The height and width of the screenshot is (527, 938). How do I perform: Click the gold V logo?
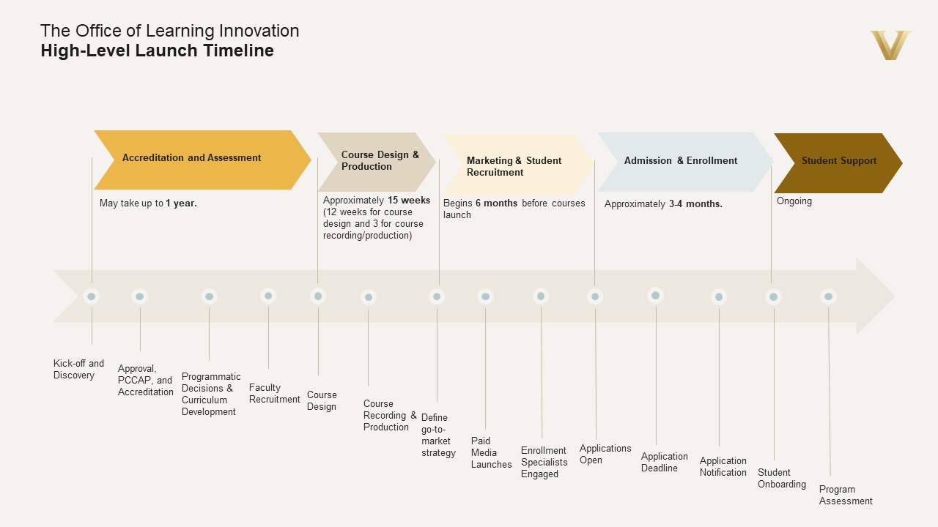tap(890, 45)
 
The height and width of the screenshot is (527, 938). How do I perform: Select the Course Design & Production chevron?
tap(375, 162)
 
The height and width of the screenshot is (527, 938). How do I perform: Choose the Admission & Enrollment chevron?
tap(682, 161)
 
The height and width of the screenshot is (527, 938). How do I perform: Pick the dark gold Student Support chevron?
tap(837, 162)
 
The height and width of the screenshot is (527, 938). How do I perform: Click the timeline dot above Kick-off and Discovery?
tap(91, 296)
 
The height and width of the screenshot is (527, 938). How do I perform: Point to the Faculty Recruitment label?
tap(274, 393)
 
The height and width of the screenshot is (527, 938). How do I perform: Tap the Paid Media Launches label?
tap(491, 452)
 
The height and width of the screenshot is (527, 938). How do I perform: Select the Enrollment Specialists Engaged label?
tap(544, 462)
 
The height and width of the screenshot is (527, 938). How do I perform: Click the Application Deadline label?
tap(664, 462)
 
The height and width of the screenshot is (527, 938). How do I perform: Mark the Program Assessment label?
tap(846, 495)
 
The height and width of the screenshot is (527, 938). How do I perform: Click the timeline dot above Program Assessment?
tap(828, 296)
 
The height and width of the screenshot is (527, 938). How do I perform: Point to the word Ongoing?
tap(794, 201)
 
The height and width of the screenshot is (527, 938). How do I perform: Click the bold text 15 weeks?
tap(409, 201)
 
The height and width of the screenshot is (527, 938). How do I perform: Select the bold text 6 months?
tap(496, 203)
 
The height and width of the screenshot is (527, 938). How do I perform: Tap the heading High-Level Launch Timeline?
tap(158, 51)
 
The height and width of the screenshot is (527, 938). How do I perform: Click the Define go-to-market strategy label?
tap(438, 436)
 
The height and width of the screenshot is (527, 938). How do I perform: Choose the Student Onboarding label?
tap(781, 478)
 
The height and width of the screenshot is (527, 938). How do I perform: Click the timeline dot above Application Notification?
tap(719, 296)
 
